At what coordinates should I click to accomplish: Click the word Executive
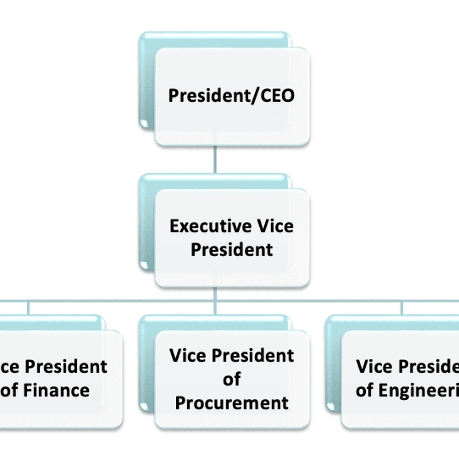point(210,226)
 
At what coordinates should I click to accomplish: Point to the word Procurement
point(232,403)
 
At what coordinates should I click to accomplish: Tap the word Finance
point(56,390)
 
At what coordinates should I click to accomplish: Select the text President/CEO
point(232,96)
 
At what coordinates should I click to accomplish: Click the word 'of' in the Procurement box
point(232,379)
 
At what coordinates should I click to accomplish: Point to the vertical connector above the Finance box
point(28,308)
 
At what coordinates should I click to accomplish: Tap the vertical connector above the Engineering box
point(402,308)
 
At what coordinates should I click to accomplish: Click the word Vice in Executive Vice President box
point(275,226)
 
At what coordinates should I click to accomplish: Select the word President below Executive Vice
point(232,250)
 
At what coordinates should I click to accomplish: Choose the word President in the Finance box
point(66,366)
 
